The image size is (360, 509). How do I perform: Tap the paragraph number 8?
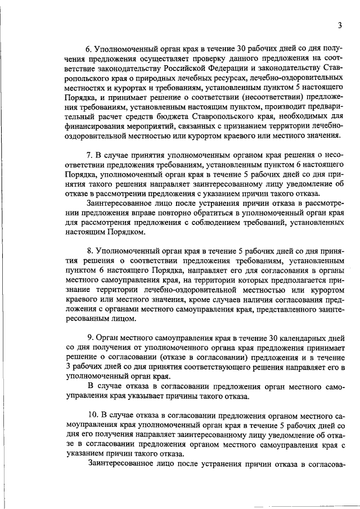[89, 249]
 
